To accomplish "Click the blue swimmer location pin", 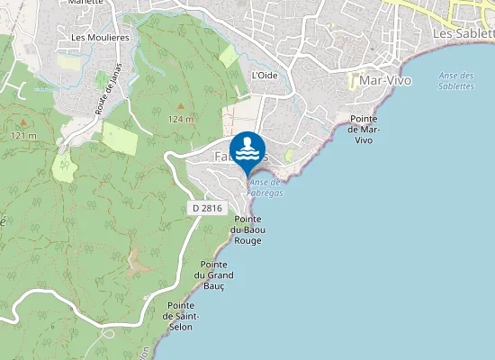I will click(247, 149).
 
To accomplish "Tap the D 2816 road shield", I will click(207, 207).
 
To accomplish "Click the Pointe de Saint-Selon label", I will click(182, 316).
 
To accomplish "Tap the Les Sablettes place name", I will click(463, 32).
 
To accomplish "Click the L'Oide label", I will click(265, 75).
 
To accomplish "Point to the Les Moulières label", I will click(100, 37).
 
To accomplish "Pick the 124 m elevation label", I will click(180, 119).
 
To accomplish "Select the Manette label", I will click(85, 3).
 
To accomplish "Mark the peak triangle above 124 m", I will click(180, 106).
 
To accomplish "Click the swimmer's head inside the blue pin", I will click(247, 140).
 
